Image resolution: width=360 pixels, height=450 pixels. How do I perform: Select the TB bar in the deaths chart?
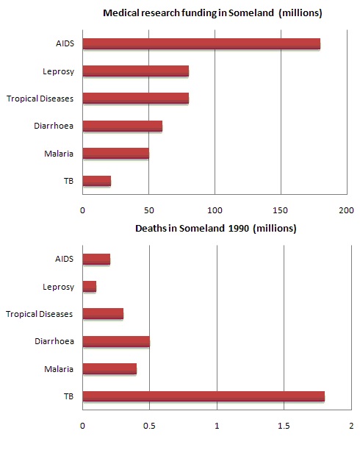click(x=204, y=397)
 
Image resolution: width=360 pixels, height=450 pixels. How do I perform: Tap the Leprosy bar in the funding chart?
click(x=136, y=71)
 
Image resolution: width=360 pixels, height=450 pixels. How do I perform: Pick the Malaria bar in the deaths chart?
click(x=109, y=369)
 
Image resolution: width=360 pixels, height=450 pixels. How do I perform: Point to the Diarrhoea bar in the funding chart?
click(x=123, y=126)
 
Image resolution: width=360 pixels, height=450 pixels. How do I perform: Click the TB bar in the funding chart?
click(x=97, y=181)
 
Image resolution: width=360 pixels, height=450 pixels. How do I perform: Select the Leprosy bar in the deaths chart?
click(x=90, y=287)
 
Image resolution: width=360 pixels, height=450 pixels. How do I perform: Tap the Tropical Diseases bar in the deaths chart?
click(x=103, y=314)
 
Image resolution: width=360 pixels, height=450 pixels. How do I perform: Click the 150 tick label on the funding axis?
click(x=281, y=210)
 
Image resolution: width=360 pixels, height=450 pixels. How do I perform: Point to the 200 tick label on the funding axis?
click(x=346, y=210)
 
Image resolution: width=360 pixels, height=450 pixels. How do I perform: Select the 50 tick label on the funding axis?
click(x=148, y=210)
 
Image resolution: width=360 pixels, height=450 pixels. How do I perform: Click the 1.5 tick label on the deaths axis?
click(x=284, y=425)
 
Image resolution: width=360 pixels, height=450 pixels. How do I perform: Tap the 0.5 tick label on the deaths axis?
click(x=150, y=425)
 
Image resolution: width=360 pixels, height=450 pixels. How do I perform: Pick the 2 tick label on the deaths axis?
click(x=351, y=425)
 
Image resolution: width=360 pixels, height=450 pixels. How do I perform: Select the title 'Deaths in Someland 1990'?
click(x=215, y=228)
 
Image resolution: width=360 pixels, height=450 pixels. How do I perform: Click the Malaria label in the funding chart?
click(x=58, y=154)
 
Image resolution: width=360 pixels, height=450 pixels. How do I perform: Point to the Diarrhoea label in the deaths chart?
click(x=54, y=342)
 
